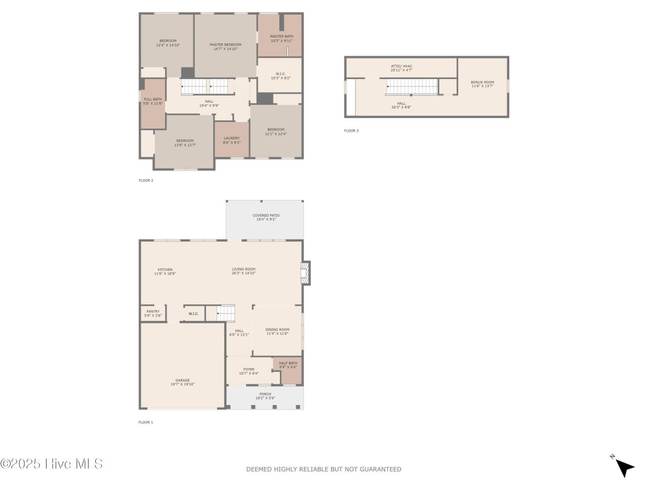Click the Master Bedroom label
(x=225, y=45)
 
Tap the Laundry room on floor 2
(x=231, y=140)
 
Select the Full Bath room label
(x=153, y=99)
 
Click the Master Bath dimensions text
(x=281, y=41)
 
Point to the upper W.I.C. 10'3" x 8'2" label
(x=281, y=76)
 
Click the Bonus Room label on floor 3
(x=482, y=82)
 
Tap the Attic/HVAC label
(x=401, y=66)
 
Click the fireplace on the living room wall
(x=305, y=273)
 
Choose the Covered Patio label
(x=266, y=215)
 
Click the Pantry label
(x=153, y=311)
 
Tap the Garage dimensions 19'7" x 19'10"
(x=182, y=384)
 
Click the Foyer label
(x=249, y=369)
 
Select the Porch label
(x=265, y=394)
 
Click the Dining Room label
(x=277, y=330)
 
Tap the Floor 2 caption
(x=146, y=180)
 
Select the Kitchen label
(x=165, y=269)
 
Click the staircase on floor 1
(x=226, y=313)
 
